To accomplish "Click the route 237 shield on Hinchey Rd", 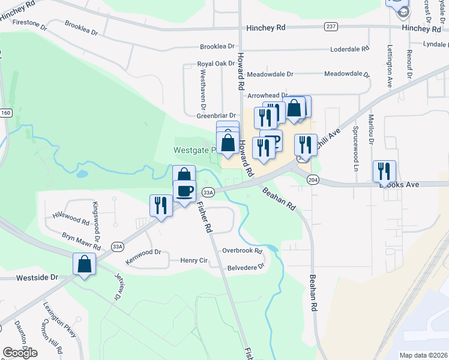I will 331,27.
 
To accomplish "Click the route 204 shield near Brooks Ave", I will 313,179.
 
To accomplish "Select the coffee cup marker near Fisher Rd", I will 184,191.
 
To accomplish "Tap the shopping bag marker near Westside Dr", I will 85,264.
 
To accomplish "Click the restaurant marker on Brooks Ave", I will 384,171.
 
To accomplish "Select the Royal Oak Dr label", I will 215,64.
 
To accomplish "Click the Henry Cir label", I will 194,260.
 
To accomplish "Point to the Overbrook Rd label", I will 242,251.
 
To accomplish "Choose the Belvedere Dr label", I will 244,266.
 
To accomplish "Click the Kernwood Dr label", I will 144,254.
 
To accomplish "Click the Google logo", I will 20,352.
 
